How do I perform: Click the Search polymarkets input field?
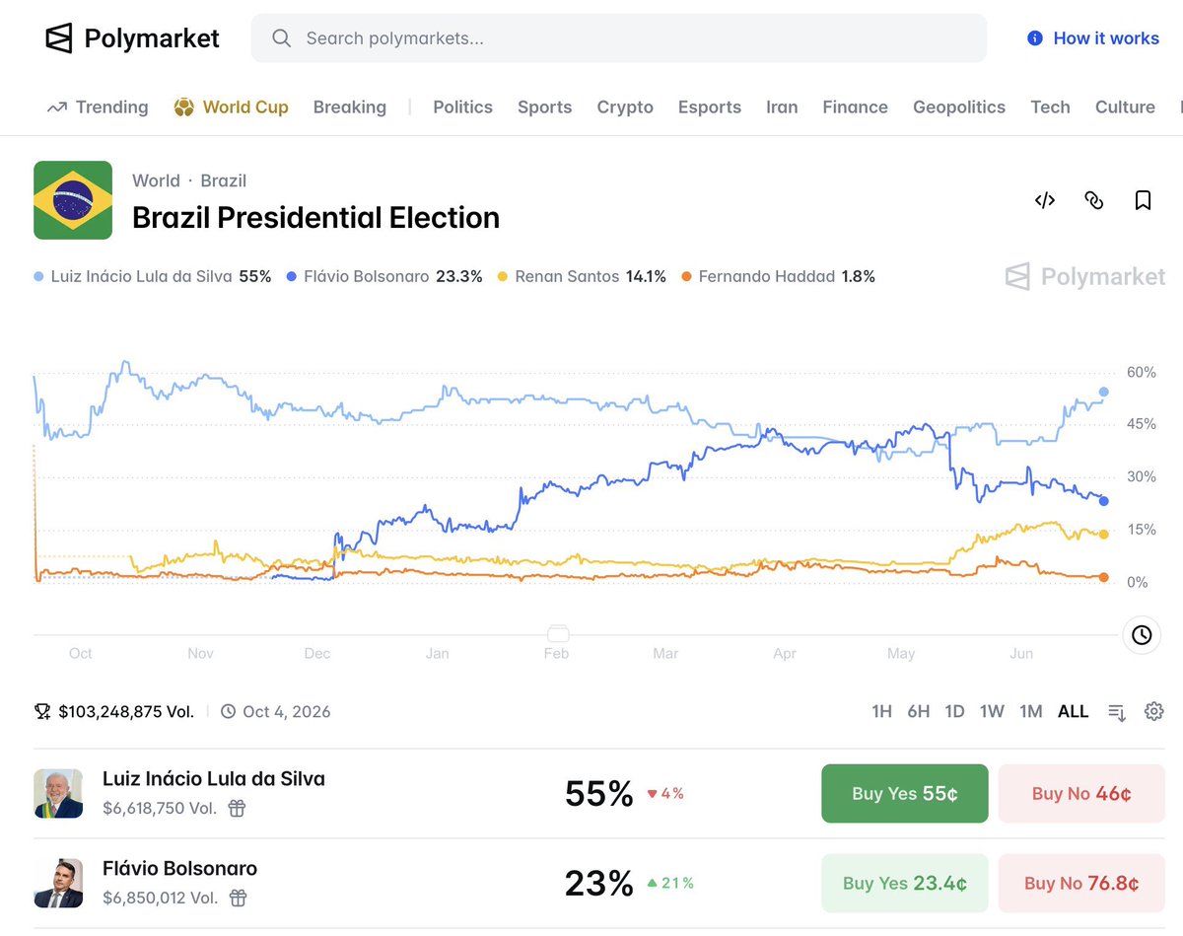click(x=618, y=37)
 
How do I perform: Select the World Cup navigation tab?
click(x=231, y=107)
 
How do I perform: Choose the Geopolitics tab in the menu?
click(x=958, y=107)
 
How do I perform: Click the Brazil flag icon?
click(x=73, y=200)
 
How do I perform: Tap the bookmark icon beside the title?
click(x=1143, y=200)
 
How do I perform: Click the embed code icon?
click(x=1044, y=200)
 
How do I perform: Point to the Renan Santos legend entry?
click(x=582, y=276)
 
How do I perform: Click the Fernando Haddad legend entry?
click(x=778, y=276)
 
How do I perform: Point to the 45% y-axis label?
click(x=1141, y=424)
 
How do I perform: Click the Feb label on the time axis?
click(x=556, y=653)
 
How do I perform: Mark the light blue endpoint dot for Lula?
click(x=1104, y=392)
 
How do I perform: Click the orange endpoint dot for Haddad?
click(x=1104, y=577)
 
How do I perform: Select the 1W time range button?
click(x=992, y=712)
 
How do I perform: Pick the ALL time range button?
click(x=1073, y=712)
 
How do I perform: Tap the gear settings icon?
click(x=1153, y=711)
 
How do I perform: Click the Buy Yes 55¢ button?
click(x=904, y=793)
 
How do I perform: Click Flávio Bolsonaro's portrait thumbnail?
click(x=58, y=883)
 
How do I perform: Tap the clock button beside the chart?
click(x=1142, y=635)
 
